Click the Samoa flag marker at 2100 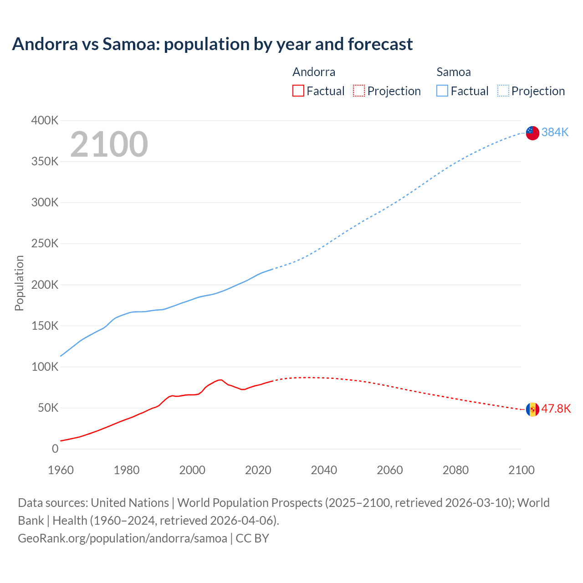(x=532, y=133)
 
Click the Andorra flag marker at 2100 (x=532, y=409)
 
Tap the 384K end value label (x=555, y=132)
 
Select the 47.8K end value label (x=556, y=409)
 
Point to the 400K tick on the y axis (x=45, y=121)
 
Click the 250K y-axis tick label (x=45, y=244)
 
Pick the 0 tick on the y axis (x=55, y=449)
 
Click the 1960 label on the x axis (x=61, y=470)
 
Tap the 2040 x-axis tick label (x=324, y=470)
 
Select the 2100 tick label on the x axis (x=521, y=470)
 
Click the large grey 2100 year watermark (x=109, y=144)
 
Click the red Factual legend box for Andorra (x=298, y=91)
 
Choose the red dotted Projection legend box (x=359, y=91)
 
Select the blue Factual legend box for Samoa (x=442, y=91)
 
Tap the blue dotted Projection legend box (x=503, y=91)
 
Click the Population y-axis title (x=19, y=283)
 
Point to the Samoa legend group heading (x=453, y=72)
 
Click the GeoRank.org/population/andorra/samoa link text (x=122, y=538)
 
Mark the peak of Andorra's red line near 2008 (x=221, y=379)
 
